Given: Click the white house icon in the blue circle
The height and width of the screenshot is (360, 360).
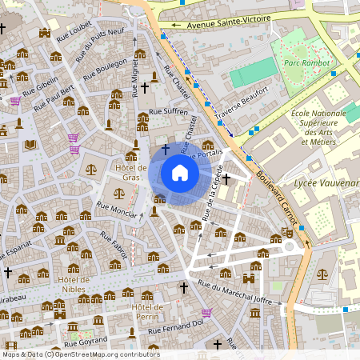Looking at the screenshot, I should (x=179, y=173).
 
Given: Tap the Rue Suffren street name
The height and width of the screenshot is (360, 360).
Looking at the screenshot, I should (x=168, y=111).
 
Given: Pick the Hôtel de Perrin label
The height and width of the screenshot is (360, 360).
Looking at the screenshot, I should (x=146, y=312).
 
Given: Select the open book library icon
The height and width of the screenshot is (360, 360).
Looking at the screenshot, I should (x=31, y=144).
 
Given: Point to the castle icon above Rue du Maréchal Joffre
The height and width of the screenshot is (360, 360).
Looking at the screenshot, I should (x=248, y=278).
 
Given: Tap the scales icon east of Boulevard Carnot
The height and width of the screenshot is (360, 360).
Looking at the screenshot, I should (x=322, y=273).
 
